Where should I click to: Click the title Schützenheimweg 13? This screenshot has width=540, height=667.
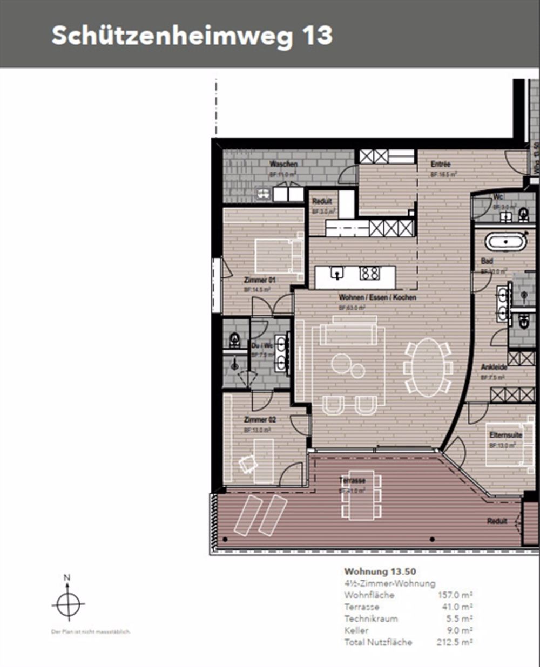(x=192, y=36)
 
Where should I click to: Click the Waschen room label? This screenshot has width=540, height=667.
(x=283, y=164)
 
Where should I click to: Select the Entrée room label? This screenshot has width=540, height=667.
(x=441, y=164)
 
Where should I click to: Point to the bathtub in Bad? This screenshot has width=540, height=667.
(x=505, y=241)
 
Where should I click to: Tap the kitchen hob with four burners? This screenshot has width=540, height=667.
(x=370, y=273)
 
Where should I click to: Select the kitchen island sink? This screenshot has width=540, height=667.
(x=336, y=274)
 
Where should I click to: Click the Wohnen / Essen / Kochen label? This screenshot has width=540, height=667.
(x=377, y=297)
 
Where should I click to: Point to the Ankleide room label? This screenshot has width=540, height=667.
(x=494, y=367)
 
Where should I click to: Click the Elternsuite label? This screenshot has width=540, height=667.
(x=505, y=435)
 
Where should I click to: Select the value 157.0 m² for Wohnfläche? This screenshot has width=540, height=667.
(x=455, y=595)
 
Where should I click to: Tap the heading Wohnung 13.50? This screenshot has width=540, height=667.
(x=380, y=571)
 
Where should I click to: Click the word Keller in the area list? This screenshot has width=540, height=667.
(x=356, y=630)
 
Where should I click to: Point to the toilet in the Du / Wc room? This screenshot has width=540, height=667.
(x=235, y=339)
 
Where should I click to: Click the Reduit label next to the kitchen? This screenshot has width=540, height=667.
(x=322, y=201)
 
